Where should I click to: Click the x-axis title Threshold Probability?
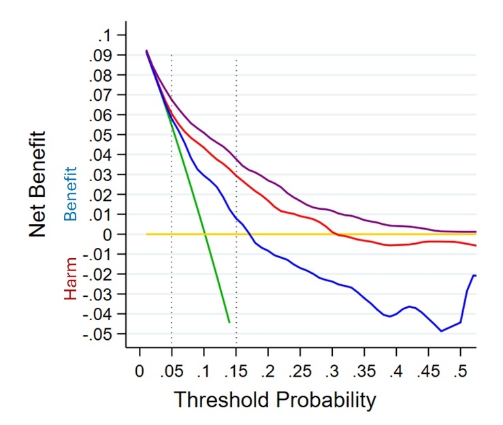(274, 400)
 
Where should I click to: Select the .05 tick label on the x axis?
(171, 371)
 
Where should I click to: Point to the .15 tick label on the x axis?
(236, 371)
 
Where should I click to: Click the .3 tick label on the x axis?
(334, 371)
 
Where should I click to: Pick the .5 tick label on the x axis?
(462, 371)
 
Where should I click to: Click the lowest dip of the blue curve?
(441, 331)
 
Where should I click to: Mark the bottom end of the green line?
(229, 321)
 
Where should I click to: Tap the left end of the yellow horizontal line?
(147, 234)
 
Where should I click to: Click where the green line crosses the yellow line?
(204, 234)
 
